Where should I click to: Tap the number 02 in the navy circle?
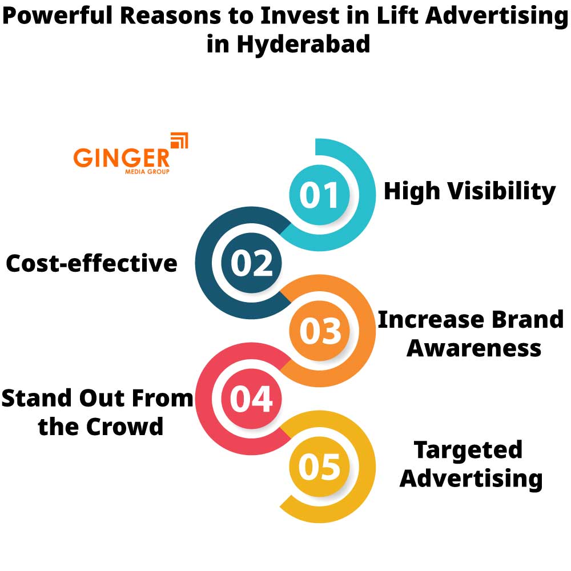pyautogui.click(x=252, y=264)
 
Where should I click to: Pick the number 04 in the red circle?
pyautogui.click(x=252, y=399)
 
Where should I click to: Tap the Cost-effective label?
pyautogui.click(x=91, y=264)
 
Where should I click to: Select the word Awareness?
pyautogui.click(x=473, y=347)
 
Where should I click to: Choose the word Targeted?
pyautogui.click(x=468, y=449)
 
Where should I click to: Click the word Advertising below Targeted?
pyautogui.click(x=471, y=478)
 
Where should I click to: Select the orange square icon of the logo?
pyautogui.click(x=179, y=140)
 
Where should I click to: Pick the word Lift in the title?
pyautogui.click(x=390, y=17)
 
